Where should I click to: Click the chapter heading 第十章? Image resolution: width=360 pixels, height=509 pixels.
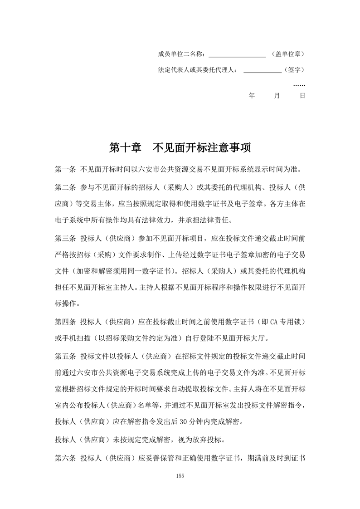point(125,148)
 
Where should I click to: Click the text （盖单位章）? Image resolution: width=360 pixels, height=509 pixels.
point(288,54)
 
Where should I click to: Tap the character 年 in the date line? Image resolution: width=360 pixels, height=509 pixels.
point(252,96)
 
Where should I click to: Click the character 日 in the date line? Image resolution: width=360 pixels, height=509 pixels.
point(302,96)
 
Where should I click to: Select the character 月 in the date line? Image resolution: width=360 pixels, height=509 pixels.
point(277,96)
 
